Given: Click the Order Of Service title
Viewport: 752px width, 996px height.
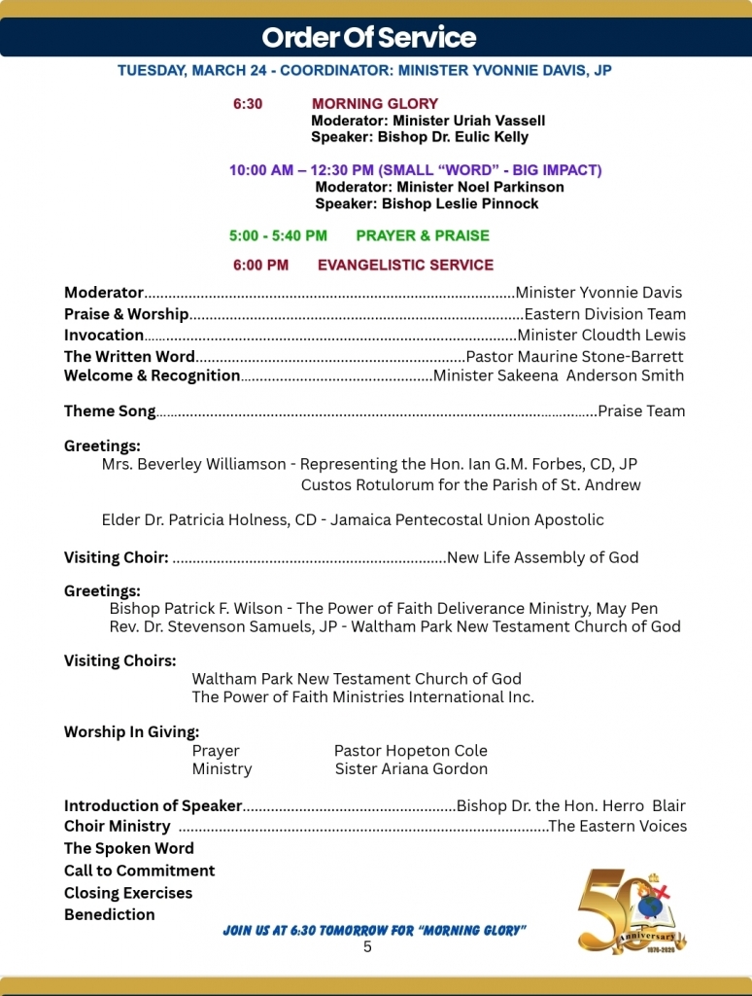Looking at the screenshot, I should coord(369,38).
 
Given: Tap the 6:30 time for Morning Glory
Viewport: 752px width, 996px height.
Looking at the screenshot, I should coord(247,104).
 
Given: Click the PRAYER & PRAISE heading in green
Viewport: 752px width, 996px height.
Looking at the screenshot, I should coord(423,235).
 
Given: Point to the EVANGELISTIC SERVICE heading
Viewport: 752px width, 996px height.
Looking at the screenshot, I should coord(405,265).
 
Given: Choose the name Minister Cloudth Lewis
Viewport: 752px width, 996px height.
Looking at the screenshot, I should coord(601,336).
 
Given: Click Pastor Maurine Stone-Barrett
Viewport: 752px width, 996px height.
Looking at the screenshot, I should coord(575,357).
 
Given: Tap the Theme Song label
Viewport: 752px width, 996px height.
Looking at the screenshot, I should coord(110,411).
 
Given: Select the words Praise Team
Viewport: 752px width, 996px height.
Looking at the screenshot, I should coord(641,411).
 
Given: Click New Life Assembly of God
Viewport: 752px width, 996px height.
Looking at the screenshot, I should coord(542,557).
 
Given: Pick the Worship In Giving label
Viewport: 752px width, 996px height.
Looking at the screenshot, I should coord(131,732).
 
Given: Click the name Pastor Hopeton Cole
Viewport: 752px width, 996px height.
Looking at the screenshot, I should coord(411,751).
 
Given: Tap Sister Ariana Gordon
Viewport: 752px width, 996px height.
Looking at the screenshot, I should coord(411,769).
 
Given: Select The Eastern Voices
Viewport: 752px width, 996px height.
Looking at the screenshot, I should coord(618,826).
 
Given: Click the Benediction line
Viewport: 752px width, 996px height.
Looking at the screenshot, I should coord(110,914).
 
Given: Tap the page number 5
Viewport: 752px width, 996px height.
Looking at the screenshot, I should coord(367,946).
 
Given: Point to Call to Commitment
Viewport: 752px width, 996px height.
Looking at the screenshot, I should coord(140,871).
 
